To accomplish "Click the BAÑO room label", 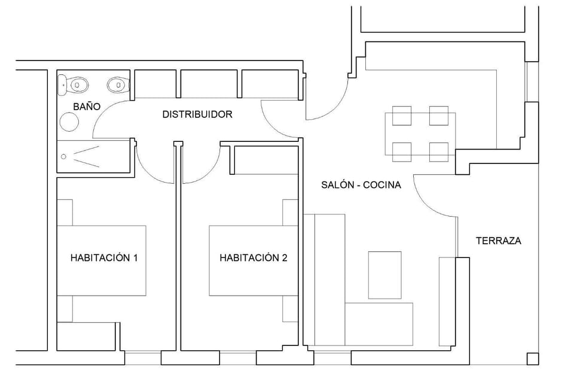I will tap(87, 107).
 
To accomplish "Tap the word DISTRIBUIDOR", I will tap(197, 114).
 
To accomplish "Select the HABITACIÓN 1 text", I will tap(104, 258).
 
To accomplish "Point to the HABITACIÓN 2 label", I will tap(254, 258).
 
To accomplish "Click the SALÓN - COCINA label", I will tap(361, 185).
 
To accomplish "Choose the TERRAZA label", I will tap(499, 241).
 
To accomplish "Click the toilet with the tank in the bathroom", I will tap(73, 84).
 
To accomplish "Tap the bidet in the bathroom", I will tap(116, 84).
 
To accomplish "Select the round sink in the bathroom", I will tap(69, 122).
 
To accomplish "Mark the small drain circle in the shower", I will tap(64, 157).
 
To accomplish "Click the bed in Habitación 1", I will tap(102, 260).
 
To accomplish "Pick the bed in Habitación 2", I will tap(254, 260).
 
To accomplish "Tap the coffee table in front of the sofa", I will tap(384, 275).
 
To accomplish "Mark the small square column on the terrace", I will tap(532, 358).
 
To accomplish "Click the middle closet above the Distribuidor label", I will tap(208, 83).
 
